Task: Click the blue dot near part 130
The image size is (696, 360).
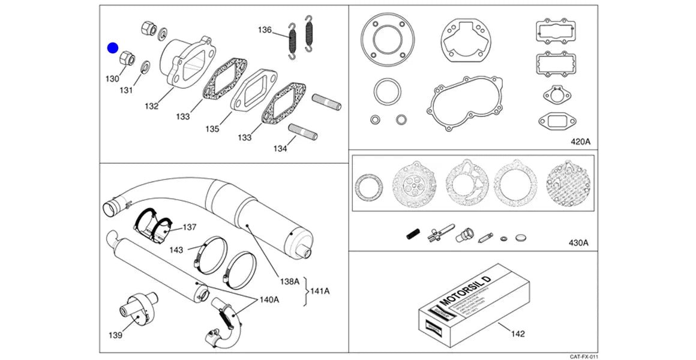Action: coord(113,49)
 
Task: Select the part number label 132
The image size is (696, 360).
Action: coord(151,106)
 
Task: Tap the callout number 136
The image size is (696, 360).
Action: coord(265,30)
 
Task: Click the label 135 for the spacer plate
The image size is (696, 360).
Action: coord(212,129)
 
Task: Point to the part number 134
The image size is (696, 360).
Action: coord(280,148)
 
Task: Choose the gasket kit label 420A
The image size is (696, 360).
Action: coord(580,142)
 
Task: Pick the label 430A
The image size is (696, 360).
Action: coord(578,243)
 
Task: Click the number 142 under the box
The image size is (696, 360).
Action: coord(517,333)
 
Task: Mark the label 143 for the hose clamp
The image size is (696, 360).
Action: coord(176,249)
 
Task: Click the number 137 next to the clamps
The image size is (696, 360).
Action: coord(190,227)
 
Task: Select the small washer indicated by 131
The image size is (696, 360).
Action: coord(145,66)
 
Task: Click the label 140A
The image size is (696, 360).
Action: coord(269,299)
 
